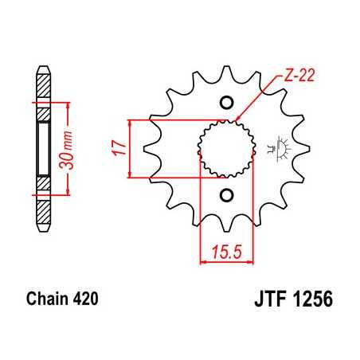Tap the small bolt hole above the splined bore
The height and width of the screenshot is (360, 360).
tap(225, 101)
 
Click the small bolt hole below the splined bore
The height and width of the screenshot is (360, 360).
tap(225, 196)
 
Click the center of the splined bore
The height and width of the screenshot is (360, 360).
tap(225, 148)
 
